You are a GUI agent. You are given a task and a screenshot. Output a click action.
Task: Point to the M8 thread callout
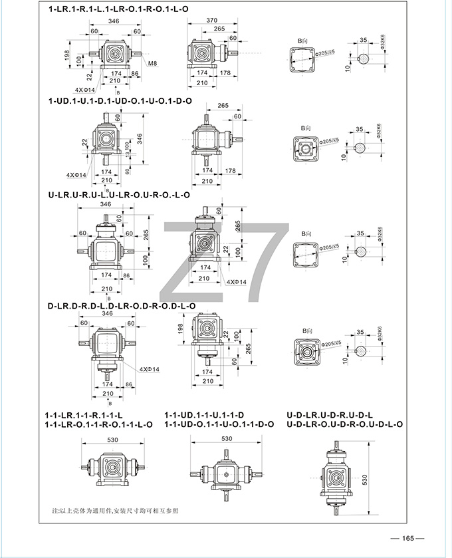(x=152, y=63)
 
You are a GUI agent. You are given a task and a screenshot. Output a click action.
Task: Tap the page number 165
(x=407, y=538)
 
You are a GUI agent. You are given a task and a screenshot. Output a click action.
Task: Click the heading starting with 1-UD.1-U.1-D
(x=120, y=100)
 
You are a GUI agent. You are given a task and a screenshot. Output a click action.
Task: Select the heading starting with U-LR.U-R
(x=119, y=195)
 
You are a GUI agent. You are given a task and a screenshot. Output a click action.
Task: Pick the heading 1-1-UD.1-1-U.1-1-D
(x=209, y=415)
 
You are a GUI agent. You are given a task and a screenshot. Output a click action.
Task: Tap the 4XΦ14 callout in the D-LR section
(x=151, y=369)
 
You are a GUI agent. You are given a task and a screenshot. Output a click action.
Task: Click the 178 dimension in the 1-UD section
(x=231, y=171)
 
